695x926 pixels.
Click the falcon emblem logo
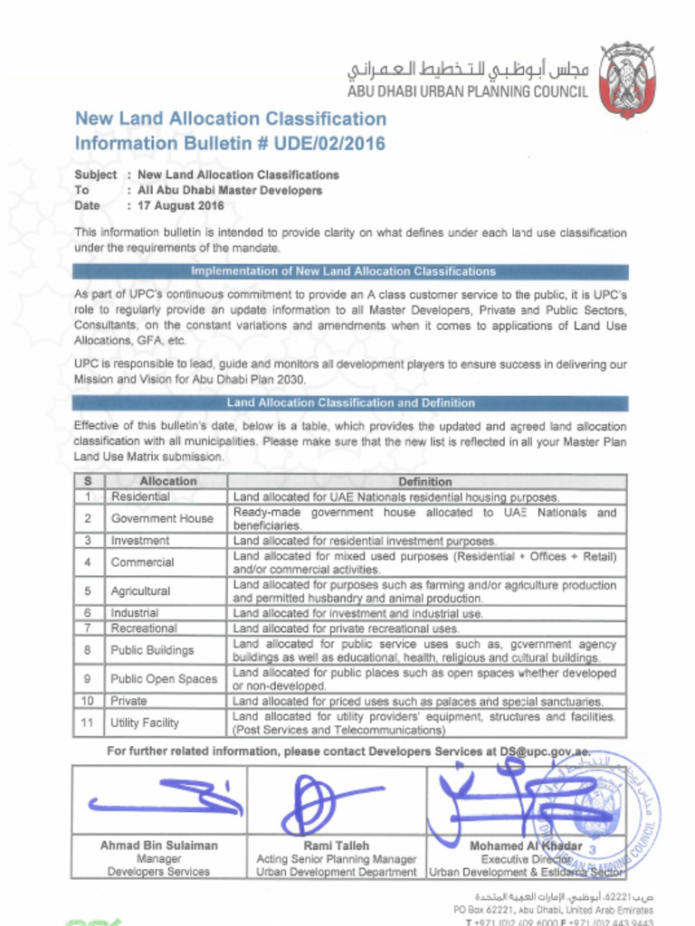pos(627,80)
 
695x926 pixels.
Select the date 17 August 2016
pos(181,206)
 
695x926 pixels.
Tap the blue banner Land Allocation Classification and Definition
pos(350,403)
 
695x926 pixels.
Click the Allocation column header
pos(167,482)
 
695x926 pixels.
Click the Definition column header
pos(424,482)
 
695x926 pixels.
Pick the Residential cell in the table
pos(140,496)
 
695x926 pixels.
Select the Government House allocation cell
pos(162,518)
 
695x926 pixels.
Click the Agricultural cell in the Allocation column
pos(140,591)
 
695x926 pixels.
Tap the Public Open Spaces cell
pos(164,679)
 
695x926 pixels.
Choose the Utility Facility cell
pos(145,723)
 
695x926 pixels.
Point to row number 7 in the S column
pos(88,628)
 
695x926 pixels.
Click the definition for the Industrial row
pos(357,613)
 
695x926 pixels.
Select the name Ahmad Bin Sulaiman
pos(158,846)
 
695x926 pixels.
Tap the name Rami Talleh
pos(336,846)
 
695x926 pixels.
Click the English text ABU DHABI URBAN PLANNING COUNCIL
pos(468,91)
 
